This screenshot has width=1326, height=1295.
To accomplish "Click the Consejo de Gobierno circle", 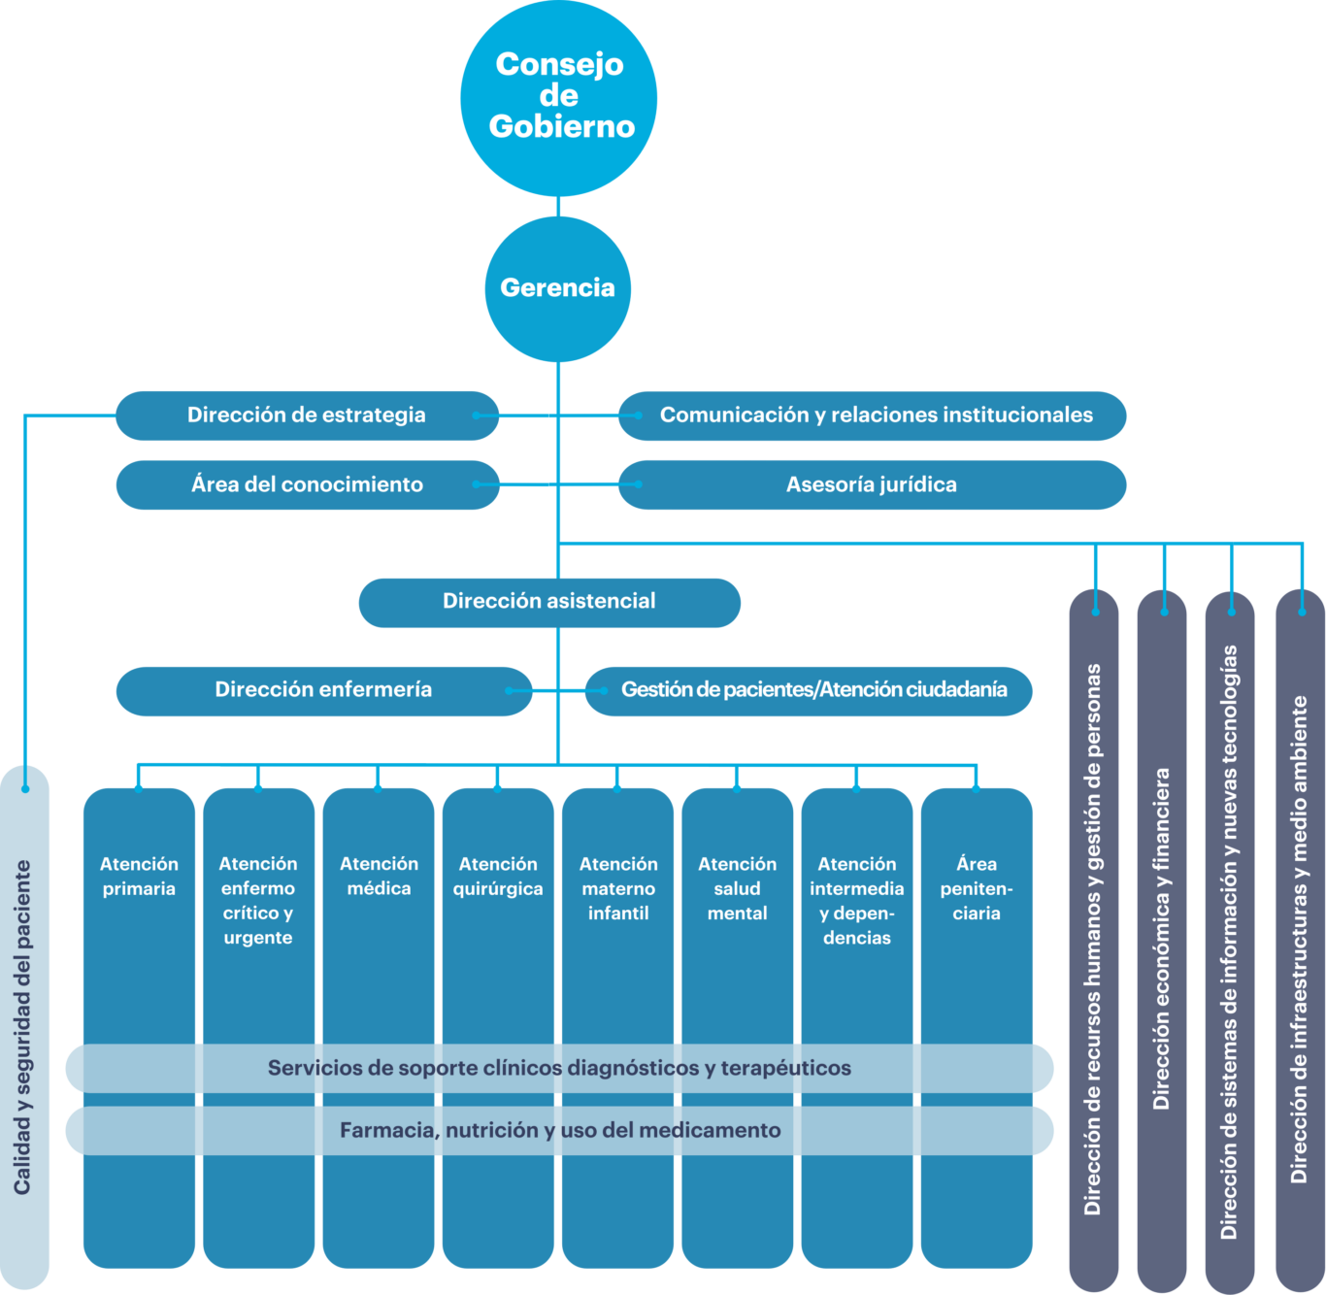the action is [558, 98].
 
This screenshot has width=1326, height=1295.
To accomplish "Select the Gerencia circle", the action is [557, 289].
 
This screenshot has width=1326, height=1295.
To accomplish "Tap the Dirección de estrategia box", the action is [307, 415].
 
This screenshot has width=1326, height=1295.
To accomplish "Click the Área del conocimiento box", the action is [308, 485].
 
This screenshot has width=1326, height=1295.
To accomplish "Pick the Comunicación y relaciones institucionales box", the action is [872, 415].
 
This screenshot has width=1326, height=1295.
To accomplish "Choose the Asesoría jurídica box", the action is [872, 485].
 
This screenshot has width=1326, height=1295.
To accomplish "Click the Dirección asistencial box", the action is [549, 603].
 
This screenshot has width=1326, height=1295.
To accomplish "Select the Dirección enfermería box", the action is [323, 691].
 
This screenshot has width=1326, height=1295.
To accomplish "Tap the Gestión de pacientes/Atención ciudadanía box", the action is [809, 691].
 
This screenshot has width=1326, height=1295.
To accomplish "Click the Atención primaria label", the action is [139, 877].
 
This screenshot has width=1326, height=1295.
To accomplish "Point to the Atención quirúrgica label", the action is [498, 877].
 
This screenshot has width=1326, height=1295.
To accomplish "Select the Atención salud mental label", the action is [738, 889].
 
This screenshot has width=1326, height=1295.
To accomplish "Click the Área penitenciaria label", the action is [977, 889].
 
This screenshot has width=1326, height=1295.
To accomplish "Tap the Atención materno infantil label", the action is [618, 889].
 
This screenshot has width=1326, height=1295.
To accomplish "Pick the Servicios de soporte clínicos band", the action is [559, 1069].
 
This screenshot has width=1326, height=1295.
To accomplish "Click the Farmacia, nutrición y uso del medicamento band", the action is [559, 1131].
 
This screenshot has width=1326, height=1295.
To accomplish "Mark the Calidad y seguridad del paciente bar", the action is [24, 1028].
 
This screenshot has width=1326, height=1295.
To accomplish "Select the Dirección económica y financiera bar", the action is [1162, 941].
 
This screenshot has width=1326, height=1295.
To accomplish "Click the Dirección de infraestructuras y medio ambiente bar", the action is [1300, 941].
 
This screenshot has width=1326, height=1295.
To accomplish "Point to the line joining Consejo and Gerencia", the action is [558, 207].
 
